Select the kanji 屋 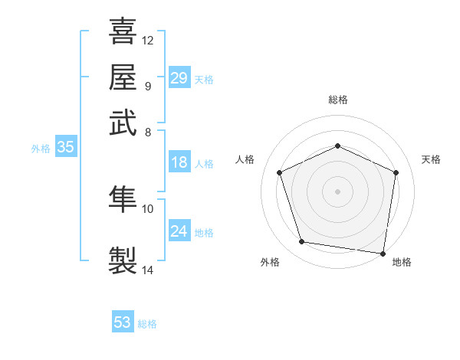point(123,77)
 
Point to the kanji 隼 point(123,200)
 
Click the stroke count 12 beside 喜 point(148,40)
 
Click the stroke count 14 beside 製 point(148,270)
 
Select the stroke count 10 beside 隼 point(148,208)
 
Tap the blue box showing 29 point(179,78)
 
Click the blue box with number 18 point(179,162)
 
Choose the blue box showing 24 point(179,231)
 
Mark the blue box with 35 point(65,148)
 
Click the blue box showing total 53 point(123,322)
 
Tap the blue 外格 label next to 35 point(41,149)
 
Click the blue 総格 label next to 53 point(147,324)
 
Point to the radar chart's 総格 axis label point(337,100)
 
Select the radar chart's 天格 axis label point(431,159)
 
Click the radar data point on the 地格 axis point(383,254)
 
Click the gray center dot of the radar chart point(337,191)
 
